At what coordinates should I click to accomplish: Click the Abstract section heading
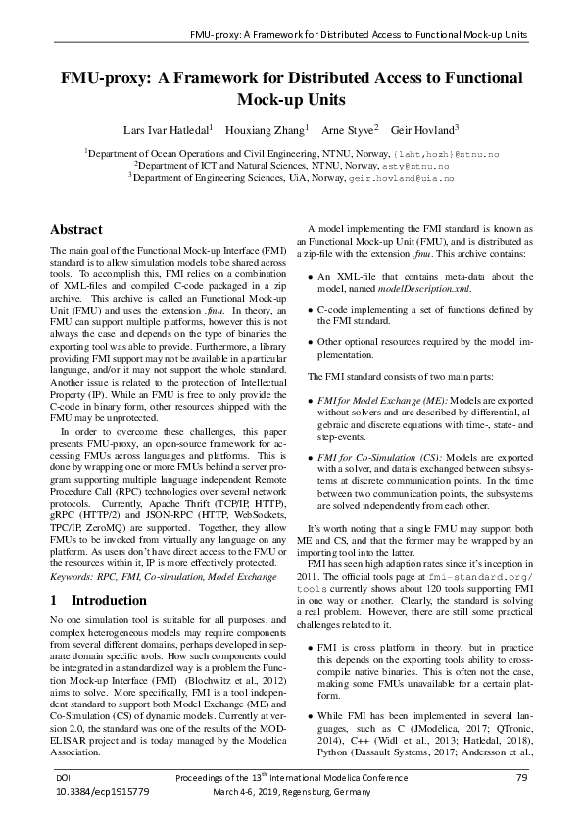click(x=76, y=230)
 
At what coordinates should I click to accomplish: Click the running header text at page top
click(x=359, y=35)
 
